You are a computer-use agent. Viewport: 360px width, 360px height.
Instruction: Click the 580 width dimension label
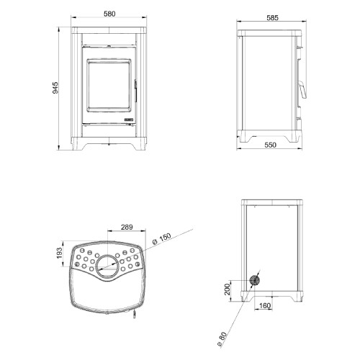(x=109, y=14)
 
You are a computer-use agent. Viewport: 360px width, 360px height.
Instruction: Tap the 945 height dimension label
(x=55, y=88)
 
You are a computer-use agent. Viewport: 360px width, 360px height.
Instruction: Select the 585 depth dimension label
(x=272, y=17)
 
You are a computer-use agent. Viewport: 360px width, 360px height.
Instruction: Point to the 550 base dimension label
(x=271, y=145)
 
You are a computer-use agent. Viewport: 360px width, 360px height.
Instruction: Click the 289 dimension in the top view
(x=127, y=227)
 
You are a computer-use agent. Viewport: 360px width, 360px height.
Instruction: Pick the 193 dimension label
(x=59, y=253)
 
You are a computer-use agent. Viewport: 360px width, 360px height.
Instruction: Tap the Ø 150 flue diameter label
(x=162, y=239)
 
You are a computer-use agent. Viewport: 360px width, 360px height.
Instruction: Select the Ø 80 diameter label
(x=222, y=339)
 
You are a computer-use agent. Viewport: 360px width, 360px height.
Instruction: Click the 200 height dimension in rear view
(x=227, y=289)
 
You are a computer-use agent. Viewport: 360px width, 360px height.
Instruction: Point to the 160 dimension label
(x=265, y=305)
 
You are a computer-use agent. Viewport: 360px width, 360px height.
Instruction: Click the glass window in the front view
(x=109, y=85)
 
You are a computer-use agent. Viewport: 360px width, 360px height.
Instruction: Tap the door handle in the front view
(x=135, y=91)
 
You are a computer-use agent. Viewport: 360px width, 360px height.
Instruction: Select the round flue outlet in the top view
(x=107, y=266)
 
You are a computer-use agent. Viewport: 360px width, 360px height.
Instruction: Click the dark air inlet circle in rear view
(x=254, y=280)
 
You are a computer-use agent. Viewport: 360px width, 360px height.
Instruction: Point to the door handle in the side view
(x=303, y=90)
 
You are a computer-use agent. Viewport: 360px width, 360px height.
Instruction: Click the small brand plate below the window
(x=130, y=120)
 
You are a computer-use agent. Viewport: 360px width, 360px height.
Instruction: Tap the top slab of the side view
(x=269, y=33)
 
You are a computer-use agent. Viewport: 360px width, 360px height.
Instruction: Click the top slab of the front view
(x=109, y=30)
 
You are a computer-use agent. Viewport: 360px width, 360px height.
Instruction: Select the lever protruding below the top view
(x=135, y=314)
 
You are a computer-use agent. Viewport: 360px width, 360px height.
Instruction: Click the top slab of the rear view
(x=272, y=202)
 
